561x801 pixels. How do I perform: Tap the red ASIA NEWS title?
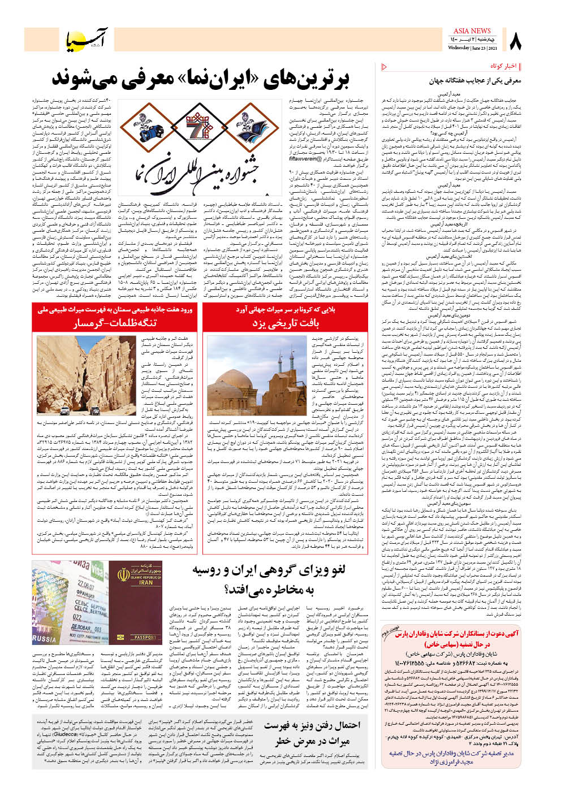[x=472, y=31]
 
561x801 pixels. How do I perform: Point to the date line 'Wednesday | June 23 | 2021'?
[x=471, y=48]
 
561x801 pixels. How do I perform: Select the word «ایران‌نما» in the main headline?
[x=218, y=78]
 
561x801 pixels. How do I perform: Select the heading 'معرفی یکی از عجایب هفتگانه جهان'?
[x=475, y=81]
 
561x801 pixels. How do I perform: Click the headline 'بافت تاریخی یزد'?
[x=285, y=323]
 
